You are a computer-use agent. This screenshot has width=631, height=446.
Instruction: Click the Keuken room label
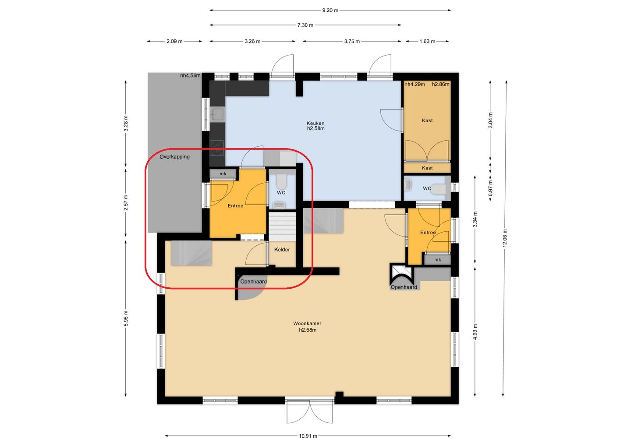pyautogui.click(x=315, y=123)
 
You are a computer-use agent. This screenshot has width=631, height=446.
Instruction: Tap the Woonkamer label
pyautogui.click(x=307, y=323)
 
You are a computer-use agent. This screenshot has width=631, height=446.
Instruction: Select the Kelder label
pyautogui.click(x=282, y=249)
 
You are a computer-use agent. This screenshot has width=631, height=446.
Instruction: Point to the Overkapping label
pyautogui.click(x=174, y=157)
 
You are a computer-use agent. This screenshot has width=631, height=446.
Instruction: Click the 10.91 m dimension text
pyautogui.click(x=308, y=436)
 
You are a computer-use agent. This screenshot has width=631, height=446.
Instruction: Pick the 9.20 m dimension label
pyautogui.click(x=330, y=11)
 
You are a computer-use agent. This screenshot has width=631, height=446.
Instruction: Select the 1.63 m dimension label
pyautogui.click(x=427, y=41)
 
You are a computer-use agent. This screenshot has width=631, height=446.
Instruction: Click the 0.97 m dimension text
pyautogui.click(x=490, y=188)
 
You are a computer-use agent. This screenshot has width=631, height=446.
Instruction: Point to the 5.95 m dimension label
pyautogui.click(x=126, y=319)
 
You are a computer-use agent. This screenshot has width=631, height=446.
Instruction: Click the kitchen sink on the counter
pyautogui.click(x=217, y=115)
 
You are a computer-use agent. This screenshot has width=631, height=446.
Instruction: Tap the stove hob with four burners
pyautogui.click(x=217, y=148)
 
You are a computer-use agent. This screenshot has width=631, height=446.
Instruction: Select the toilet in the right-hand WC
pyautogui.click(x=439, y=189)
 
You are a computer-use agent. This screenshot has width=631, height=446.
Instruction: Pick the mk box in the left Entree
pyautogui.click(x=223, y=174)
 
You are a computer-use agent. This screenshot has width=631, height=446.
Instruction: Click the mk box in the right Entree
pyautogui.click(x=437, y=260)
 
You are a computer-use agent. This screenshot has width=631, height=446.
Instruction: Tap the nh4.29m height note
pyautogui.click(x=415, y=85)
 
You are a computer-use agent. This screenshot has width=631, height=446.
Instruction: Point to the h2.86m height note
pyautogui.click(x=440, y=85)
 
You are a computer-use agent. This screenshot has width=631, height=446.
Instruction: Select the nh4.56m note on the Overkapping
pyautogui.click(x=191, y=75)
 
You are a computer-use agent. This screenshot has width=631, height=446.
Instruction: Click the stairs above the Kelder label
pyautogui.click(x=282, y=227)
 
